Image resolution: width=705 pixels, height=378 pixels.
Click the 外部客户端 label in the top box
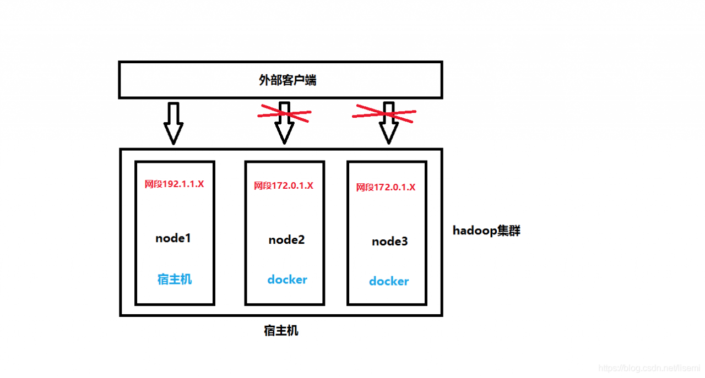tap(288, 80)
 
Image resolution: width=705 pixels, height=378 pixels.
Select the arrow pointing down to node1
tap(173, 123)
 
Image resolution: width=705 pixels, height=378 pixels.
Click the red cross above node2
tap(285, 113)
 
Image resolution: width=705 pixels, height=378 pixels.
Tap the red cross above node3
tap(384, 113)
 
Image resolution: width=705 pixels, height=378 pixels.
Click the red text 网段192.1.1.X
tap(174, 184)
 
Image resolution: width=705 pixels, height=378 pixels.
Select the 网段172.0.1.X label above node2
tap(284, 185)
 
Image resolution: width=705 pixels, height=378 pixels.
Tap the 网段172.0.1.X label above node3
tap(386, 187)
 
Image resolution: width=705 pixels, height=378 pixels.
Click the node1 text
tap(173, 238)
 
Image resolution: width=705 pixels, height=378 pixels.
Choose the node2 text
tap(286, 240)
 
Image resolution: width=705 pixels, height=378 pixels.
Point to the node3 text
tap(389, 241)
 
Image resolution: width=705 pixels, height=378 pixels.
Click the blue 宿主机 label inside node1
tap(175, 280)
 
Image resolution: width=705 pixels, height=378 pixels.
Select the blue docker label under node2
tap(287, 280)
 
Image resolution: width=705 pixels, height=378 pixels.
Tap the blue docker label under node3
tap(389, 281)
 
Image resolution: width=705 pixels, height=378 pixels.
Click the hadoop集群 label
tap(486, 231)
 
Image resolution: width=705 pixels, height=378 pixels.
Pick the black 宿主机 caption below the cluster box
tap(281, 331)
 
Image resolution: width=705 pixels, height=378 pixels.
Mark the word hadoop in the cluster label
tap(475, 231)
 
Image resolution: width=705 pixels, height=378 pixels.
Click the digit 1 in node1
tap(188, 238)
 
